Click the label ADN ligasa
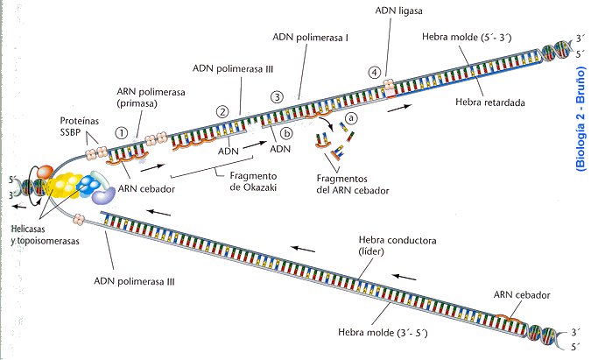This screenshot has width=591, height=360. tap(376, 11)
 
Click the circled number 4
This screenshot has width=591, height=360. tap(374, 72)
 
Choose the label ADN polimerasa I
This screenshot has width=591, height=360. tap(299, 38)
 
